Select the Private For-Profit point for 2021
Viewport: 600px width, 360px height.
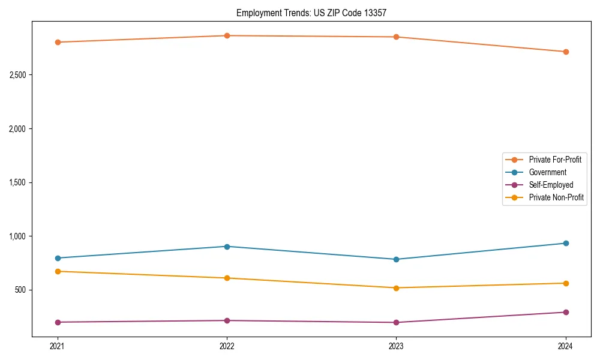58,42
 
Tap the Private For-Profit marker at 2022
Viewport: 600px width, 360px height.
227,35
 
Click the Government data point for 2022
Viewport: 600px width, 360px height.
227,247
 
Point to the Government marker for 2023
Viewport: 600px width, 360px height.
396,259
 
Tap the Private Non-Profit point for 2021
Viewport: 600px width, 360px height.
58,271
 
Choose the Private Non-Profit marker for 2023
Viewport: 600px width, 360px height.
396,288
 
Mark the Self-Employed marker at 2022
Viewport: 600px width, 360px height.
227,320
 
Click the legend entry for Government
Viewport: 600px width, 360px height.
547,172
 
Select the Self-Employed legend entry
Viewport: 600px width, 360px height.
551,185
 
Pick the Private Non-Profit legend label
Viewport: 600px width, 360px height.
556,197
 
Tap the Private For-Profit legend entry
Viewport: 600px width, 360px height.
555,160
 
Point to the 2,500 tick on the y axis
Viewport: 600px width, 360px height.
17,75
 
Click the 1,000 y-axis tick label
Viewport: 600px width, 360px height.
17,236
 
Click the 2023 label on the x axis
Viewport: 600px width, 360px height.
396,346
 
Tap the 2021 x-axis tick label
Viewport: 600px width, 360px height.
58,346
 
